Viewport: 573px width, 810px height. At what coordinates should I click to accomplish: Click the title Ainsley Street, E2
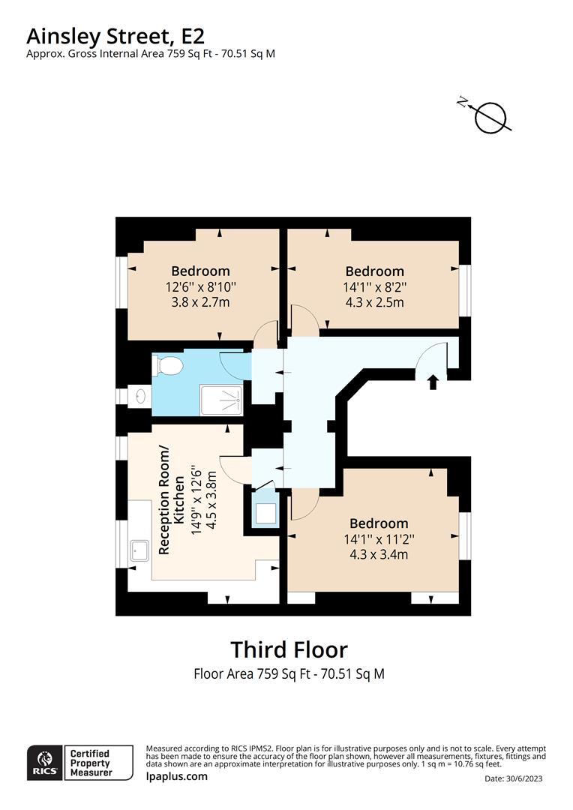click(115, 37)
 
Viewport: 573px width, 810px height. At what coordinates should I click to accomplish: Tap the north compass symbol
click(487, 117)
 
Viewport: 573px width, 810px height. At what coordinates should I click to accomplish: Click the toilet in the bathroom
click(168, 366)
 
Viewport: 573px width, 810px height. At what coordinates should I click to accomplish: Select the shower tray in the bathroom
click(221, 400)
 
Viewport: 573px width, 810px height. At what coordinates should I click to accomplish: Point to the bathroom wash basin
click(138, 397)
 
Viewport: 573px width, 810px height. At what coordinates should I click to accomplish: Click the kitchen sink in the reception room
click(139, 550)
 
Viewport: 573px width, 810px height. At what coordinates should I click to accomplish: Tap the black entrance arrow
click(433, 382)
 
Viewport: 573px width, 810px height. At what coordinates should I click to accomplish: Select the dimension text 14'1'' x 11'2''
click(379, 539)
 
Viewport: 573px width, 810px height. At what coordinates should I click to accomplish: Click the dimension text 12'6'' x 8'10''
click(200, 286)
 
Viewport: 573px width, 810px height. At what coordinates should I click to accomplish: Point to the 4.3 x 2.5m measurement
click(374, 302)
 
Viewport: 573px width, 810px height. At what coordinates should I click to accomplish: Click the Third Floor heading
click(289, 649)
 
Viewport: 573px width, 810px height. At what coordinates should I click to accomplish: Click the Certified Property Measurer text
click(91, 763)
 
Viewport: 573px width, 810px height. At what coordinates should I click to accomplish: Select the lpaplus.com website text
click(177, 776)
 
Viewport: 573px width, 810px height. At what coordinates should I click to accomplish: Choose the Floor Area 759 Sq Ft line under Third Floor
click(289, 673)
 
